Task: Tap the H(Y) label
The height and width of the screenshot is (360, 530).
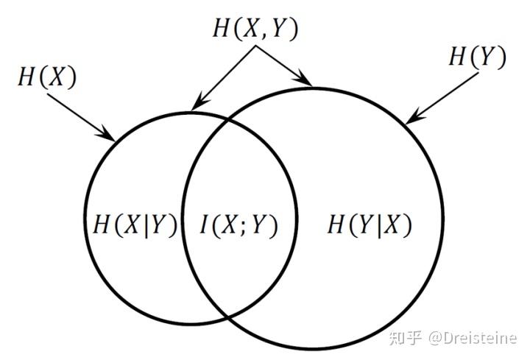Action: click(x=477, y=57)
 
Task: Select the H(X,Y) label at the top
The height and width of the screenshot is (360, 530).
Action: click(x=255, y=27)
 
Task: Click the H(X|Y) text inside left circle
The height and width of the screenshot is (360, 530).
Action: click(x=135, y=225)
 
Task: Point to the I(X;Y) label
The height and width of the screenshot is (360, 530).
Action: click(x=239, y=225)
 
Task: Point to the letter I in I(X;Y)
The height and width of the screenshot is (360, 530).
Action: click(x=205, y=225)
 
